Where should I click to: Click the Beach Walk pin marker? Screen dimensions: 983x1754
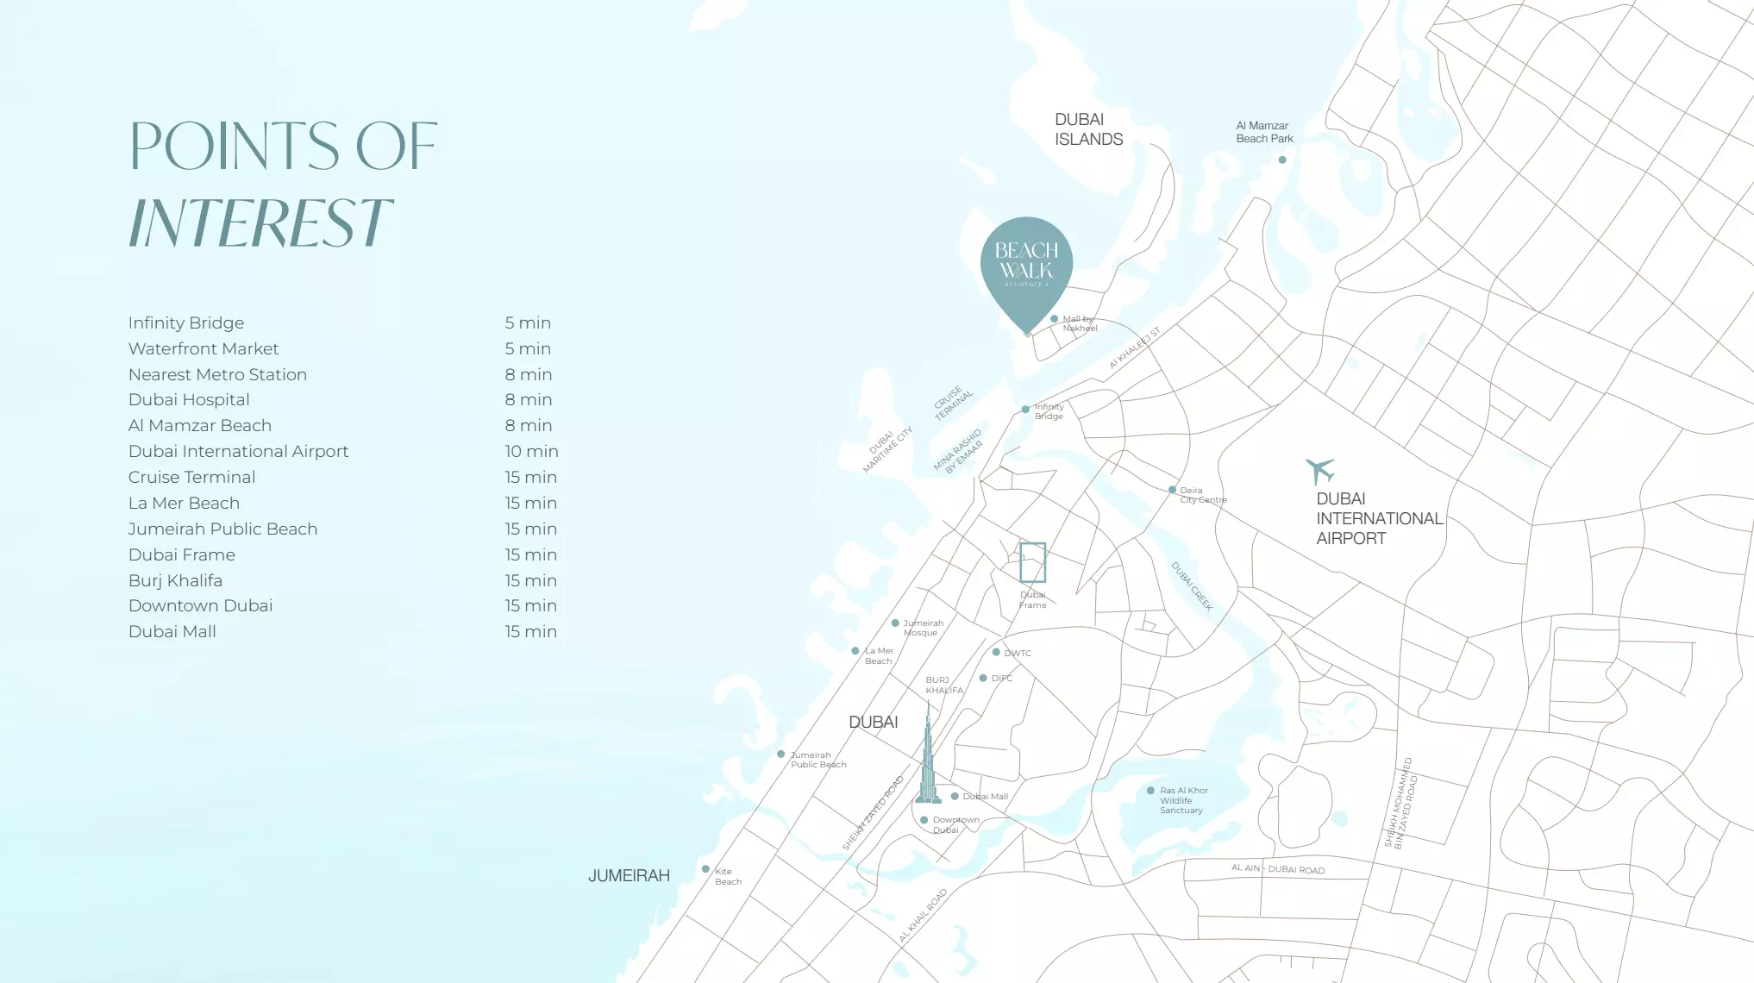click(1026, 267)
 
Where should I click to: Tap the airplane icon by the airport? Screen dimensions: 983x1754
click(1319, 471)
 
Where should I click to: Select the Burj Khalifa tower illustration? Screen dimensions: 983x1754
click(928, 759)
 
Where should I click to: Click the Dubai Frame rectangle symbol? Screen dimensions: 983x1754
click(1032, 562)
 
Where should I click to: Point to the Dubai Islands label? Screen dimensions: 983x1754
click(1088, 129)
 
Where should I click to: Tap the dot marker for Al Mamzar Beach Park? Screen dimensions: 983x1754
click(1282, 160)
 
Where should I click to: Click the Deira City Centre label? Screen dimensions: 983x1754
click(1202, 495)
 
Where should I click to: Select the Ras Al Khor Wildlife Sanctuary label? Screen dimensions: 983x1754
click(1183, 800)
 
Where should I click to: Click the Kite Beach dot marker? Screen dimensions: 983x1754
click(705, 869)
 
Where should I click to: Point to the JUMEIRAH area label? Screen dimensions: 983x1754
click(629, 876)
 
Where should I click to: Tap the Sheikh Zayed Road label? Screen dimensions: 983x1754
click(874, 812)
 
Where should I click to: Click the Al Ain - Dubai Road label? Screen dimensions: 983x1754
click(1277, 869)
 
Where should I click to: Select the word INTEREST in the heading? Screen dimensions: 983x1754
click(260, 222)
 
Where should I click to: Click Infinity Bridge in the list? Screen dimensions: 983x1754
click(186, 322)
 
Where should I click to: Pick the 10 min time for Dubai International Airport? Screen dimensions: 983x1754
click(531, 451)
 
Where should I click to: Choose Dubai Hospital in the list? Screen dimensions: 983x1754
click(189, 399)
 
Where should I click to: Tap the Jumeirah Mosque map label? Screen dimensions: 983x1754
click(923, 628)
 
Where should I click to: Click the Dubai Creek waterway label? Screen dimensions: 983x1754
click(1192, 586)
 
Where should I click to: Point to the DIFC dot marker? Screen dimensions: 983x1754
click(983, 679)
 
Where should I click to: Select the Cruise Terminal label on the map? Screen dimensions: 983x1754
click(953, 403)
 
